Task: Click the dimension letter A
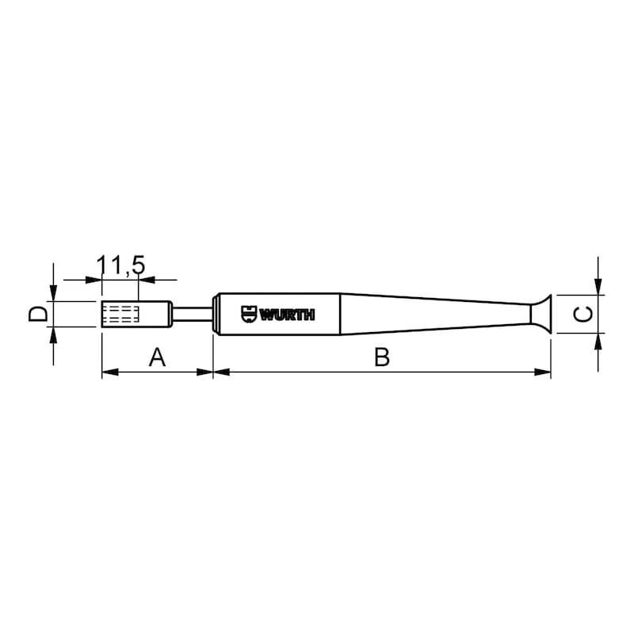[x=157, y=358]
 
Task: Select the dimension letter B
[x=382, y=358]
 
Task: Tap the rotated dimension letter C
[x=582, y=314]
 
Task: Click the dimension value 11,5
[x=120, y=265]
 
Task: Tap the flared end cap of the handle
[x=540, y=314]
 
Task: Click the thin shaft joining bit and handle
[x=193, y=314]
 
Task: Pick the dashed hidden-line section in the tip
[x=121, y=315]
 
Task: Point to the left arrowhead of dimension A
[x=109, y=372]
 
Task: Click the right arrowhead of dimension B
[x=544, y=372]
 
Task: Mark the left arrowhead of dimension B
[x=221, y=372]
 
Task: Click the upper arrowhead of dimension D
[x=52, y=294]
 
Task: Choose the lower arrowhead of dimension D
[x=52, y=334]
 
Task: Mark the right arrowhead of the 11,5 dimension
[x=146, y=279]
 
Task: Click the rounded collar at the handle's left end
[x=215, y=315]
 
